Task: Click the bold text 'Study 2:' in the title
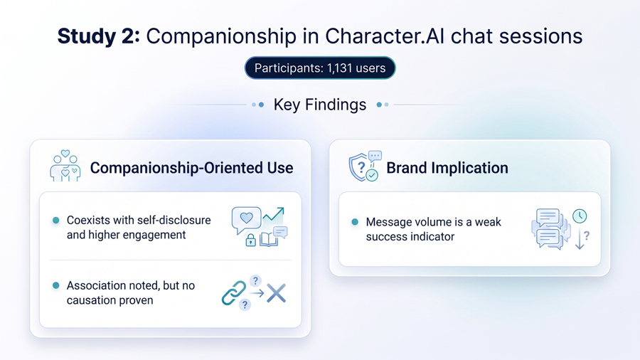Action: coord(98,36)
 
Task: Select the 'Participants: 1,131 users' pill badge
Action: coord(320,68)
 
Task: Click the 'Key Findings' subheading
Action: coord(319,105)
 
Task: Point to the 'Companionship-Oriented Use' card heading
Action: coord(191,168)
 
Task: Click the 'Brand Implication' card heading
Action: coord(447,168)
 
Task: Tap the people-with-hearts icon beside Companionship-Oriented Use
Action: coord(65,165)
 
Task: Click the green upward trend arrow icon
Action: coord(273,213)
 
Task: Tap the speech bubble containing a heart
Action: coord(246,219)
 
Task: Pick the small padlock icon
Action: coord(250,240)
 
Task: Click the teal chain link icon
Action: coord(234,292)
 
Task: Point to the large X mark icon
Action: coord(277,293)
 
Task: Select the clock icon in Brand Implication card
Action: coord(580,216)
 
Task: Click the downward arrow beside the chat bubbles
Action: coord(580,239)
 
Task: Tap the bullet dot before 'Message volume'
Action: coord(355,222)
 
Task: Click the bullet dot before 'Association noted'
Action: coord(56,285)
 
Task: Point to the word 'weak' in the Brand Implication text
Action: coord(488,222)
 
